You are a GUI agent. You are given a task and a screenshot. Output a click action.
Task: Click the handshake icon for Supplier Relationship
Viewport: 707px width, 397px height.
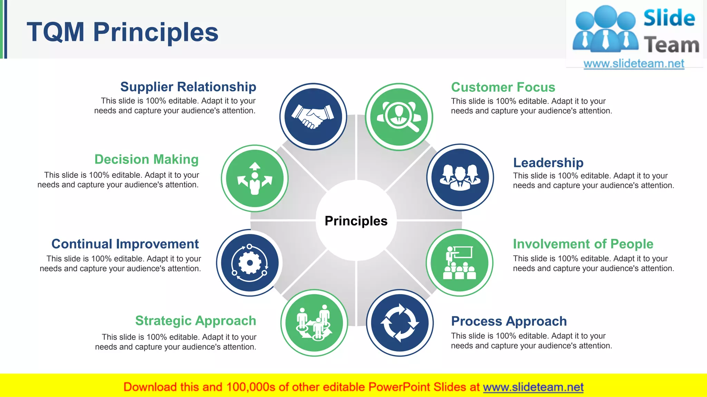click(313, 116)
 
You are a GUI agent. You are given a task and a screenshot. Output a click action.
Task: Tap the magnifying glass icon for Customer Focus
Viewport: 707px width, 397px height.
click(399, 117)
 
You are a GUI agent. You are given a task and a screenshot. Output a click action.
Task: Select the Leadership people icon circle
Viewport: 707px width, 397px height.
click(460, 177)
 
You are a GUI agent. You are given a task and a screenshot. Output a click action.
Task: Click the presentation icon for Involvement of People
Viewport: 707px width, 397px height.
click(459, 263)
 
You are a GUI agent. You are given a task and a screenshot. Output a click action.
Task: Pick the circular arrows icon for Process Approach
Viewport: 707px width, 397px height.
click(400, 323)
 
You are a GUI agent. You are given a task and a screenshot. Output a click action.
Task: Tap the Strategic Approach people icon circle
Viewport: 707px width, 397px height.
click(314, 323)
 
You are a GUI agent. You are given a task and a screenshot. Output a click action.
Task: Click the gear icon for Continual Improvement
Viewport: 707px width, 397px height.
click(250, 263)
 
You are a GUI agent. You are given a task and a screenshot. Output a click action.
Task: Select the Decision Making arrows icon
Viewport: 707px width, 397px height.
click(255, 178)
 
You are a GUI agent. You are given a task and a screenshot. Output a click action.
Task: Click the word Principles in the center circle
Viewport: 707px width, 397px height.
click(356, 221)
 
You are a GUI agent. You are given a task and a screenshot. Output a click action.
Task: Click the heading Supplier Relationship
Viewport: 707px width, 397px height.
click(188, 87)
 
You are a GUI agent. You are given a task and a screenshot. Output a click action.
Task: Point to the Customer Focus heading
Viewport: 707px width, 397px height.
click(503, 87)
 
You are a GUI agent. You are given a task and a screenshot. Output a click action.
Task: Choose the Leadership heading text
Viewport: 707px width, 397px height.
click(548, 163)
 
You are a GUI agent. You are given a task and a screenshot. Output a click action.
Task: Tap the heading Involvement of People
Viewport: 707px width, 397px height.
click(583, 244)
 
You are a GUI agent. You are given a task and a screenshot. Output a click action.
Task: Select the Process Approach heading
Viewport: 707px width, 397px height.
click(509, 321)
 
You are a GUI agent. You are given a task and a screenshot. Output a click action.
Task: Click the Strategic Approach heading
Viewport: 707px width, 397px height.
click(195, 321)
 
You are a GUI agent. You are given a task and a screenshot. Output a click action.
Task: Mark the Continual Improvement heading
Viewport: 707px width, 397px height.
click(125, 244)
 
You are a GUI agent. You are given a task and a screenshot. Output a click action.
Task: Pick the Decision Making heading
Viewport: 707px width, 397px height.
click(146, 160)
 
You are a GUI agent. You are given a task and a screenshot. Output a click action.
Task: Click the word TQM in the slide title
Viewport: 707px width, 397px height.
click(56, 32)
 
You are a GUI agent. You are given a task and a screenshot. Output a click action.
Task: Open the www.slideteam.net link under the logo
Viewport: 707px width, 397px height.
click(633, 64)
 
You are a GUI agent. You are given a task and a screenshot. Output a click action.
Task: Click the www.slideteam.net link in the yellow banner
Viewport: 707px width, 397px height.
click(533, 387)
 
